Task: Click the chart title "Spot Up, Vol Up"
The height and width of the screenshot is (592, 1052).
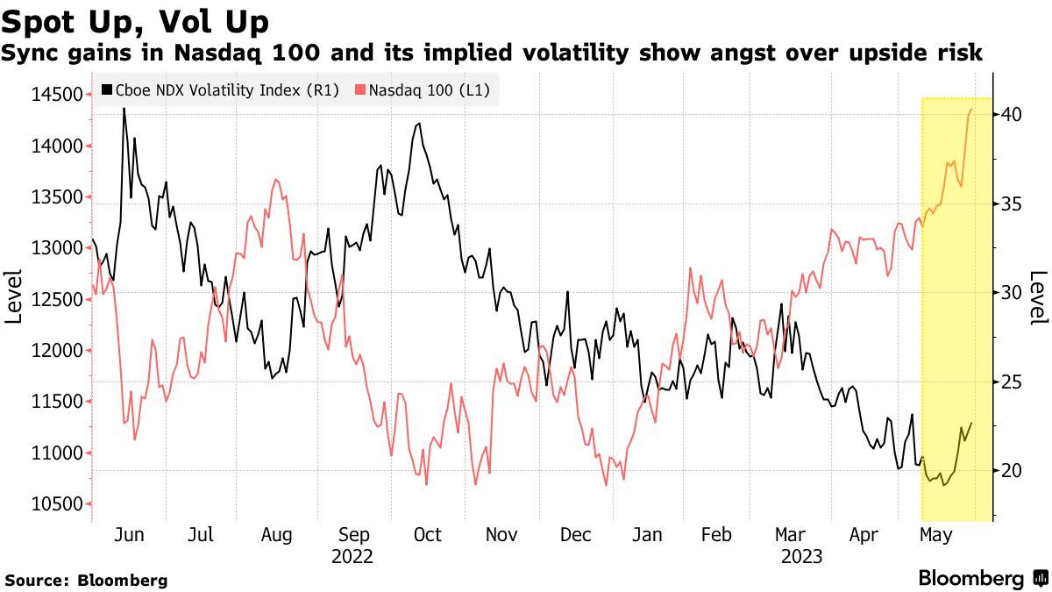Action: pyautogui.click(x=136, y=20)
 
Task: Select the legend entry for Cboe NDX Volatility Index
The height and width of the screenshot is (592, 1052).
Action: pyautogui.click(x=220, y=89)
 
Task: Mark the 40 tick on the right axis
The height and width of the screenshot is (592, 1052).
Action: pyautogui.click(x=1011, y=114)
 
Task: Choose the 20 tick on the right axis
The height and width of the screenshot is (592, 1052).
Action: pyautogui.click(x=1011, y=471)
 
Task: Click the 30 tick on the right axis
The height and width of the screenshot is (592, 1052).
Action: pyautogui.click(x=1011, y=292)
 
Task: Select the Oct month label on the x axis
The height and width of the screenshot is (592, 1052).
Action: pyautogui.click(x=427, y=535)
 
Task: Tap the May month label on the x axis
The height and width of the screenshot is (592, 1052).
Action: pyautogui.click(x=939, y=535)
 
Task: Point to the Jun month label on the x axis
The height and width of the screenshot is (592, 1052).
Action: pyautogui.click(x=129, y=535)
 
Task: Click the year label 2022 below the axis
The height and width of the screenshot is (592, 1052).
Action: pyautogui.click(x=352, y=557)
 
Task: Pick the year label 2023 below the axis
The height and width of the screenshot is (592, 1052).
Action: pyautogui.click(x=801, y=557)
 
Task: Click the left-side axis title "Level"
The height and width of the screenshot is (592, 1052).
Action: pyautogui.click(x=14, y=298)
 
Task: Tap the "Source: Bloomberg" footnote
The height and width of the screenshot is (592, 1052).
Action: pyautogui.click(x=86, y=580)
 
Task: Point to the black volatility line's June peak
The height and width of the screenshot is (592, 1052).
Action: pyautogui.click(x=124, y=109)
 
